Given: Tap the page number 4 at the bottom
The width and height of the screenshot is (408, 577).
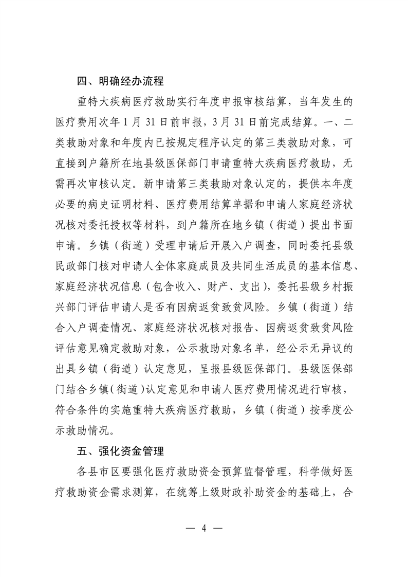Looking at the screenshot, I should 204,528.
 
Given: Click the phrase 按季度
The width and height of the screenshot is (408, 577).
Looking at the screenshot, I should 319,410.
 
